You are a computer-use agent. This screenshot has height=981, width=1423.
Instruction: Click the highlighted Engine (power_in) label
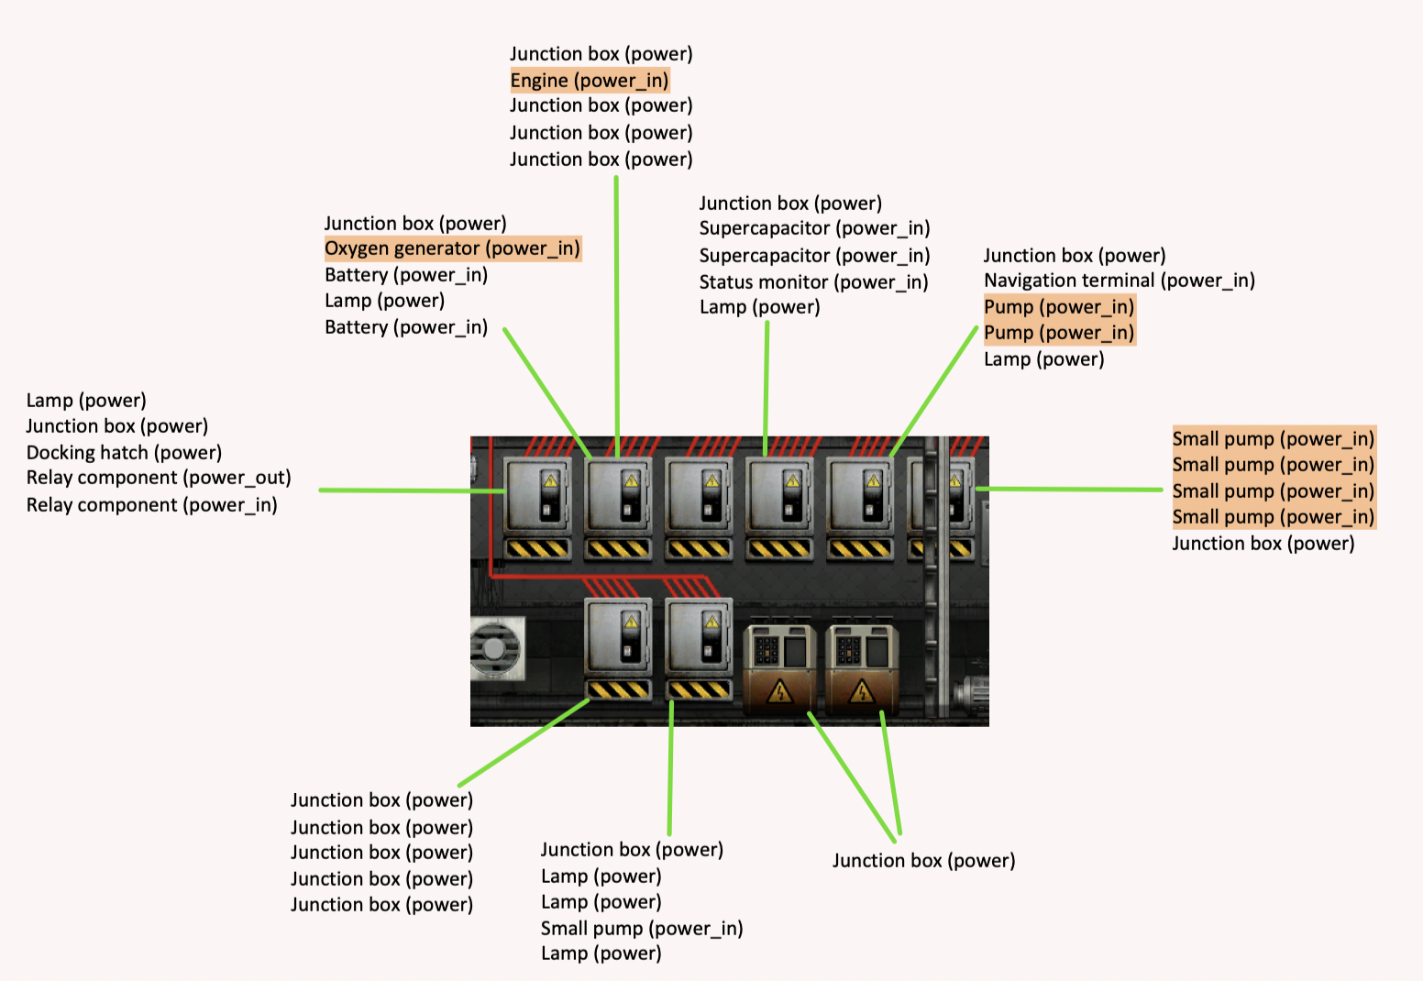point(590,81)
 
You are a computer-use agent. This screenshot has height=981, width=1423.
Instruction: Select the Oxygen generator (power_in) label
point(452,248)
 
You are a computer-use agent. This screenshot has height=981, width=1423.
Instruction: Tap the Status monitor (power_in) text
point(813,282)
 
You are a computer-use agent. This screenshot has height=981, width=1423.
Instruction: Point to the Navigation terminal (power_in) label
point(1119,281)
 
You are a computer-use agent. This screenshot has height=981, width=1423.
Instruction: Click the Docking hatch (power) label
point(124,453)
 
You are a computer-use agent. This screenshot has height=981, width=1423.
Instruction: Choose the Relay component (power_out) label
point(159,478)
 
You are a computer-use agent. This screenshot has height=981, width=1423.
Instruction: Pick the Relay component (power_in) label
point(151,505)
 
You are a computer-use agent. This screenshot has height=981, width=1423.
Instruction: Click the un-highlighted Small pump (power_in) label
point(641,929)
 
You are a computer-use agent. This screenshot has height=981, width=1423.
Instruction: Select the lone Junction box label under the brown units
point(923,861)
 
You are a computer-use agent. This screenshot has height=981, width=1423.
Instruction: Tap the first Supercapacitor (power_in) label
point(814,228)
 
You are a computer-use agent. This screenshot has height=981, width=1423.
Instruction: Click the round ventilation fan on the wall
point(495,649)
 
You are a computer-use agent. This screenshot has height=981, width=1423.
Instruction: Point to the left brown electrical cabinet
point(779,669)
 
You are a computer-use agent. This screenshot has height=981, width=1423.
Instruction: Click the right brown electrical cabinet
point(862,669)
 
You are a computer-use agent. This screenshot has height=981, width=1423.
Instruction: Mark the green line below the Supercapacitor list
point(767,385)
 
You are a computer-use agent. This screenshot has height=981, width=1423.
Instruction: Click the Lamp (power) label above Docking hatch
point(86,401)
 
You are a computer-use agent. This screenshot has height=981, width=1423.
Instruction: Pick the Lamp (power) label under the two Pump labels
point(1043,359)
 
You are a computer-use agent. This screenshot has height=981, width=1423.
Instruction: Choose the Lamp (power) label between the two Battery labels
point(384,301)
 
